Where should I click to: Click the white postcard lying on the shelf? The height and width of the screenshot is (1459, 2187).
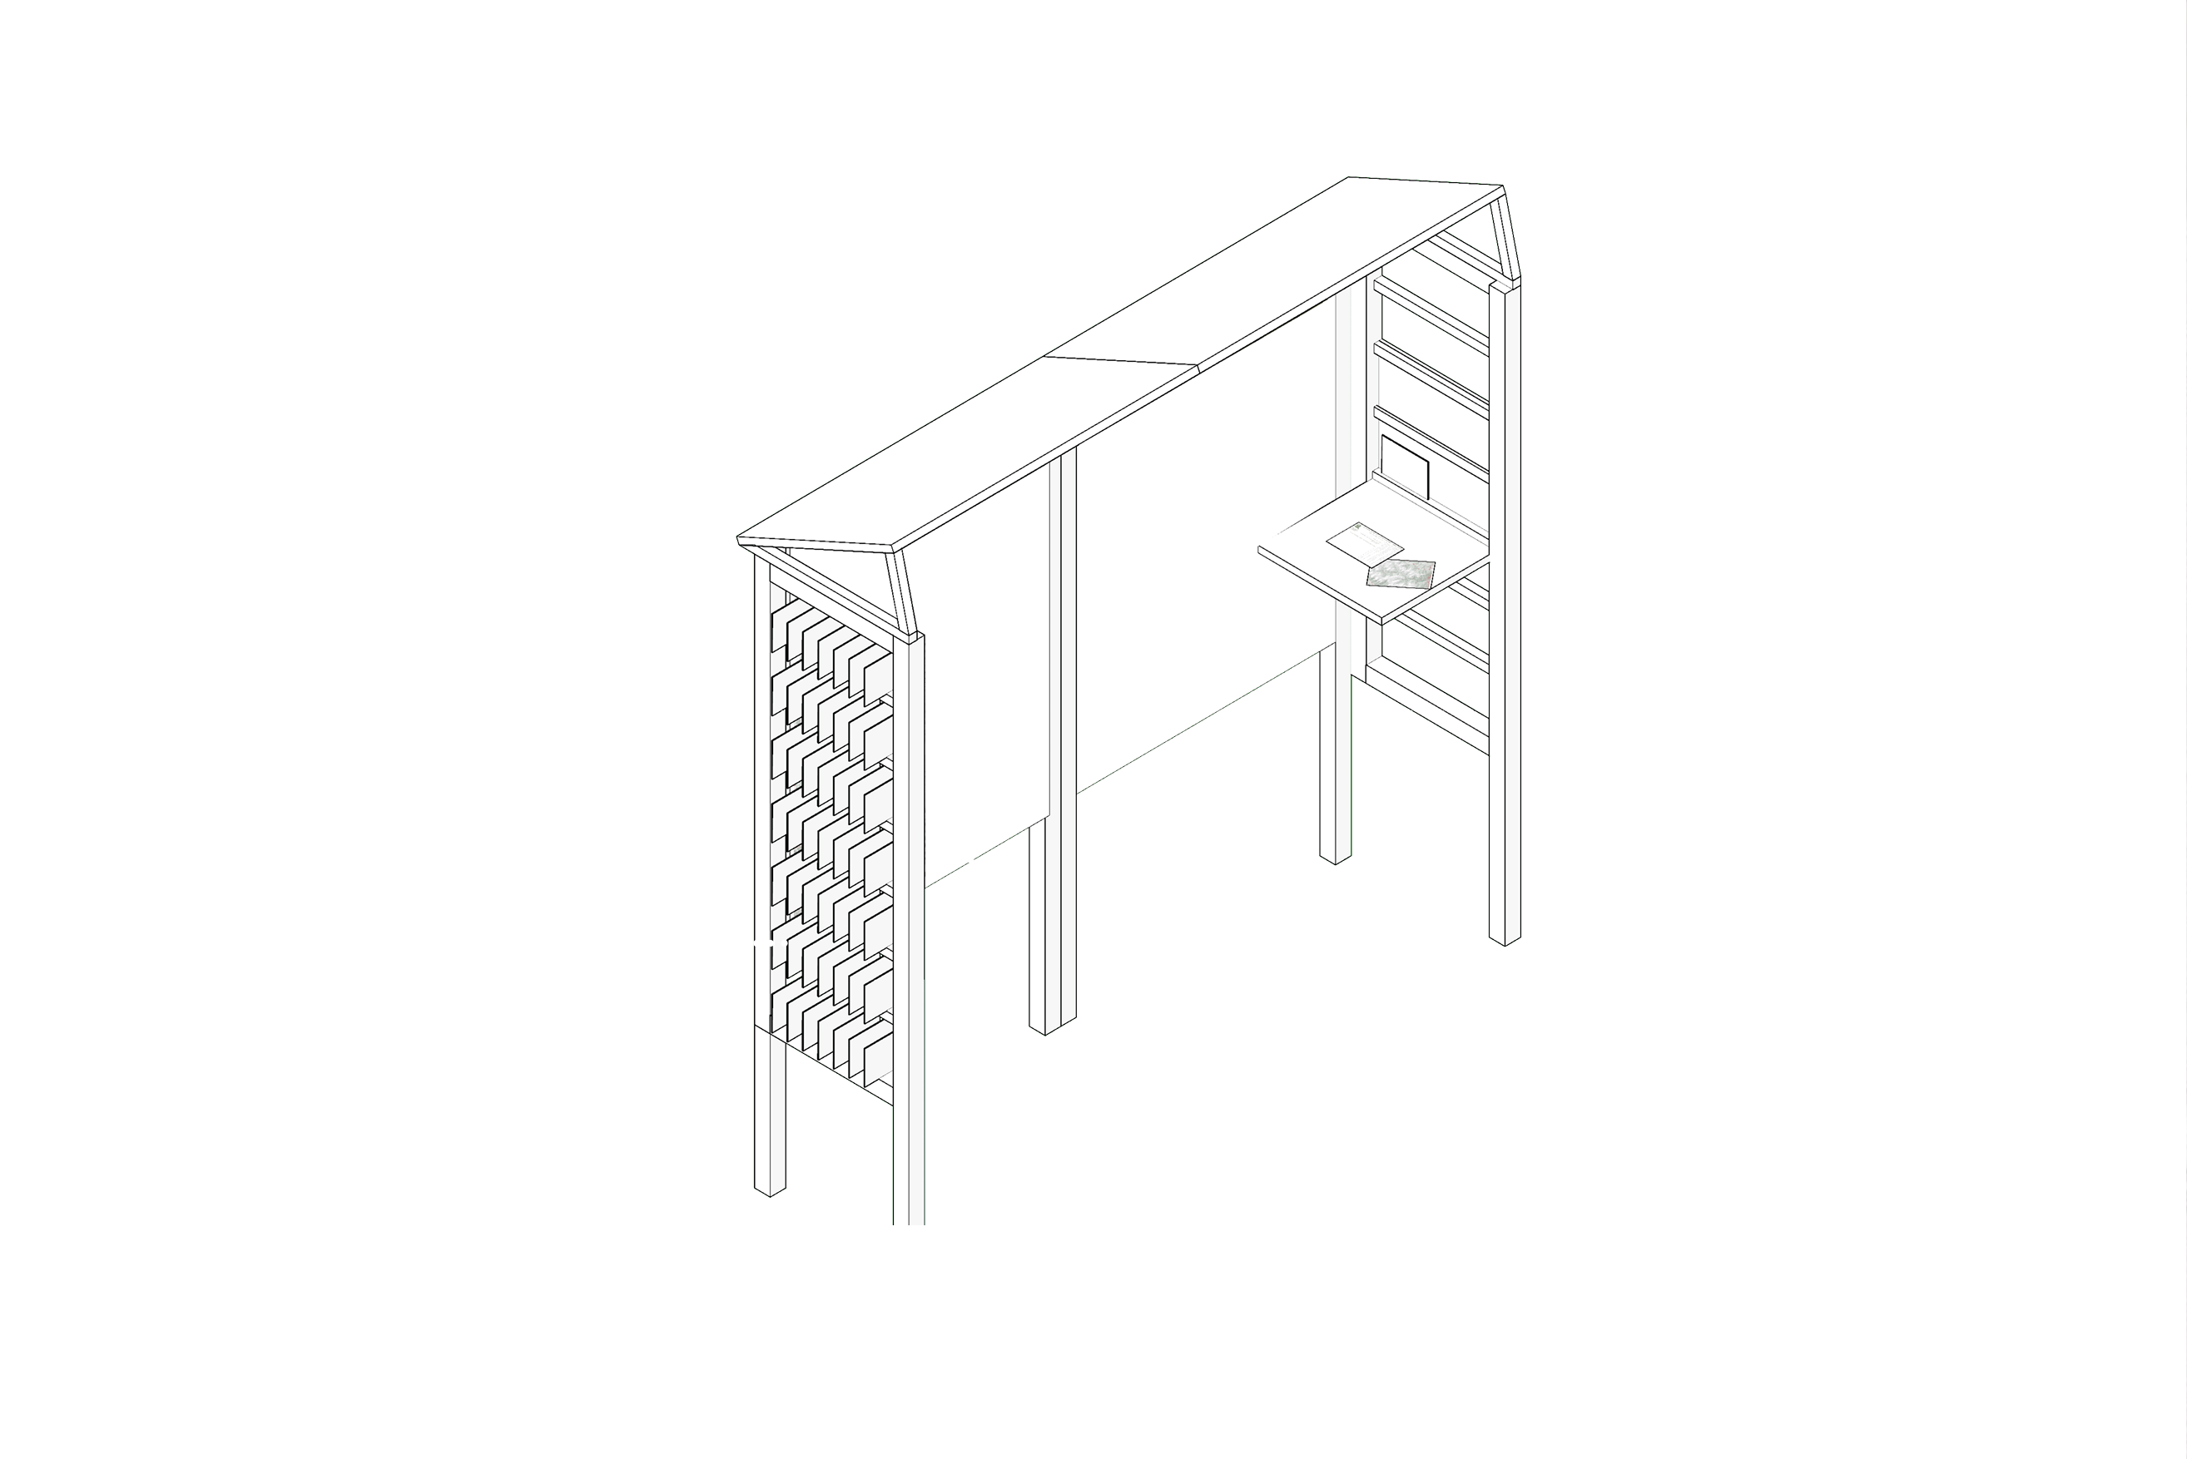1363,543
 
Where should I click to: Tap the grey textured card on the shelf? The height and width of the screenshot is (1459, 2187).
1401,574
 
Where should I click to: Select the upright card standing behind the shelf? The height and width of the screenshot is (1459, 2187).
1406,465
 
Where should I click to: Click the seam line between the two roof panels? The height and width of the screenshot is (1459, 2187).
1122,361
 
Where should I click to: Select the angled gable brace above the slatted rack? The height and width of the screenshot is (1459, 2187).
1502,237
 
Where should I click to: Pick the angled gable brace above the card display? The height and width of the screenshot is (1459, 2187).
903,591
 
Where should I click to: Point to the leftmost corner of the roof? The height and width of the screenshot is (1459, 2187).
739,539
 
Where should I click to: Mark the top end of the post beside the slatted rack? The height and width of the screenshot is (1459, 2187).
1505,284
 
